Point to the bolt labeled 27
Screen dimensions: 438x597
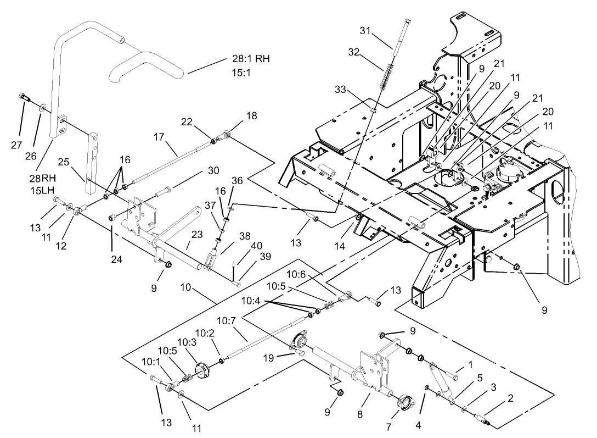click(25, 97)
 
